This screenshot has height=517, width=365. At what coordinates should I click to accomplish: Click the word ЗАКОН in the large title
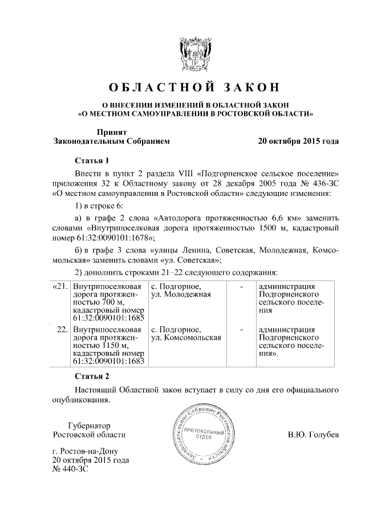pyautogui.click(x=246, y=87)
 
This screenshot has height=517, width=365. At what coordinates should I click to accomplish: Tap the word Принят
pyautogui.click(x=112, y=131)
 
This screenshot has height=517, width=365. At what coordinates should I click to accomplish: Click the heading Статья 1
pyautogui.click(x=92, y=159)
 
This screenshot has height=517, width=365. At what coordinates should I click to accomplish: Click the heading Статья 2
pyautogui.click(x=92, y=376)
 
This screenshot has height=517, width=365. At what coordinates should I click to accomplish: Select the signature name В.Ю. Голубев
pyautogui.click(x=313, y=435)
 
